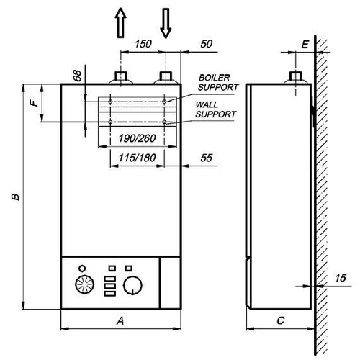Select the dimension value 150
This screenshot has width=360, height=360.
coord(143,45)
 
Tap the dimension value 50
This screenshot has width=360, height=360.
coord(207,45)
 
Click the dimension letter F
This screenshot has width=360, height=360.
coord(32,104)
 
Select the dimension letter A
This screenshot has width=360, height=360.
coord(120,320)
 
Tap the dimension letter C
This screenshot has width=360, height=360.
coord(279,320)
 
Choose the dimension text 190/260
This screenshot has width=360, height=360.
coord(138,138)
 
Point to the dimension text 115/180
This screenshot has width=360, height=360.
coord(138,156)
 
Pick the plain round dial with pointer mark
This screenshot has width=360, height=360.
coord(132,287)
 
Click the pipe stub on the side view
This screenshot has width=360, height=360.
coord(295,77)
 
